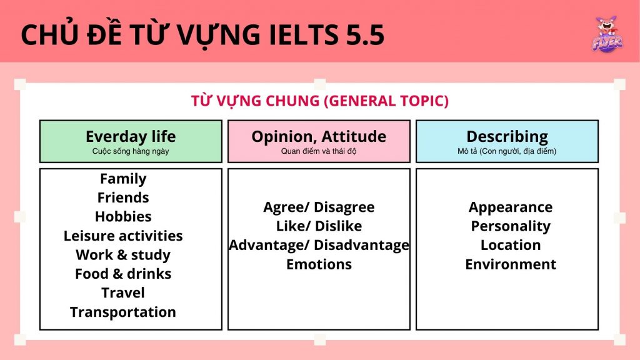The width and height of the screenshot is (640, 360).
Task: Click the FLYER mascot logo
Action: (x=607, y=34)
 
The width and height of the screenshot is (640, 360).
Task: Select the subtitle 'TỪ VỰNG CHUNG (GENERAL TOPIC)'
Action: (x=319, y=101)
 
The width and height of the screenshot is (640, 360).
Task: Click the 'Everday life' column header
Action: (x=131, y=136)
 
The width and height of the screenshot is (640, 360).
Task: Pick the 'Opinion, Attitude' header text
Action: (x=319, y=137)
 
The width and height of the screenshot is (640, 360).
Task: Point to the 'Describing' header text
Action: (x=507, y=137)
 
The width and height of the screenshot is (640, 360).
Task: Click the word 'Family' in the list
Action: (x=123, y=179)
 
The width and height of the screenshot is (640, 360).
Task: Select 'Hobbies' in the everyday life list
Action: (x=123, y=216)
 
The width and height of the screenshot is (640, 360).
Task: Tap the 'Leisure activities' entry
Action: (x=123, y=236)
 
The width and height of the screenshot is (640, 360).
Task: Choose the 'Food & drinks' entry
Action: (x=123, y=274)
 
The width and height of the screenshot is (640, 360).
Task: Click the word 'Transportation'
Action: (x=123, y=312)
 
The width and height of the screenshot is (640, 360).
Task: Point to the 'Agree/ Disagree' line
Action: (x=319, y=207)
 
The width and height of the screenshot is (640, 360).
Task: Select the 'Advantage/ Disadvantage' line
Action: (x=319, y=245)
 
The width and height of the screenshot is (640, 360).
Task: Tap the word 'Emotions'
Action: (x=319, y=264)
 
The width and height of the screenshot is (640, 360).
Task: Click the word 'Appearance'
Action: (x=510, y=207)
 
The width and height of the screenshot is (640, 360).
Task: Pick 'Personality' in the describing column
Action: (x=510, y=226)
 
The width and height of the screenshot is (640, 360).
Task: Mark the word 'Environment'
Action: (x=510, y=264)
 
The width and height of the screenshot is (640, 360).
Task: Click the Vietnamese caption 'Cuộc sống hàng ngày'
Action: (x=131, y=151)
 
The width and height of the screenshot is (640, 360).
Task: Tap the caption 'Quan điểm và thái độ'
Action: (x=319, y=151)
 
